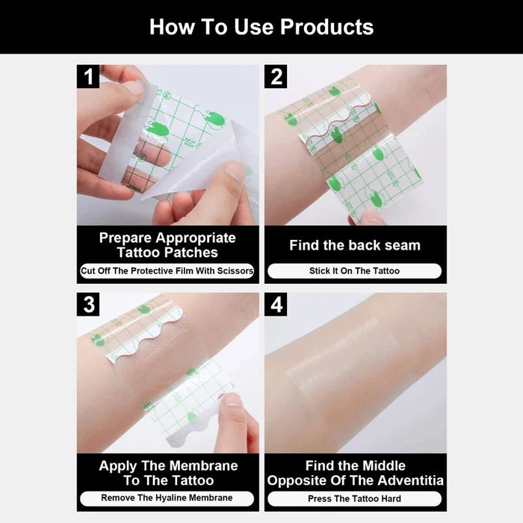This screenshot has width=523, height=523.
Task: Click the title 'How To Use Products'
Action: click(261, 27)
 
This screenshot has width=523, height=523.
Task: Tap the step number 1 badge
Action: click(89, 76)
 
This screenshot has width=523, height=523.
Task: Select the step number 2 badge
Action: click(276, 76)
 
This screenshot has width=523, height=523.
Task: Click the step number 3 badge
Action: click(89, 304)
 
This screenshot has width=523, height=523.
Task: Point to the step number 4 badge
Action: click(276, 304)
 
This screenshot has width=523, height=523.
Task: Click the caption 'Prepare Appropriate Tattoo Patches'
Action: click(167, 245)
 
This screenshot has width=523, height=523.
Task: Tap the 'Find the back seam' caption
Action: click(355, 245)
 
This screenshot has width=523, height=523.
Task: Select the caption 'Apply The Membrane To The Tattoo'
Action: click(167, 473)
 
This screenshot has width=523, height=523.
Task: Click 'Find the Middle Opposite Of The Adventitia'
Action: click(355, 473)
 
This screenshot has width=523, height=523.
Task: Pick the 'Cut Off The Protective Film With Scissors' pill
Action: click(167, 271)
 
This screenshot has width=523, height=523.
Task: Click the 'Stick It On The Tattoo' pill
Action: click(355, 271)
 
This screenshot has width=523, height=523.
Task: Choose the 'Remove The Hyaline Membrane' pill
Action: click(167, 498)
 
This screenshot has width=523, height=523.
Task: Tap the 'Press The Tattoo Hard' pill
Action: click(355, 498)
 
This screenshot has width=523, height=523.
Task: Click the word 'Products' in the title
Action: click(327, 27)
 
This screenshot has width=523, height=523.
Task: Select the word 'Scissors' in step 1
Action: click(235, 271)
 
